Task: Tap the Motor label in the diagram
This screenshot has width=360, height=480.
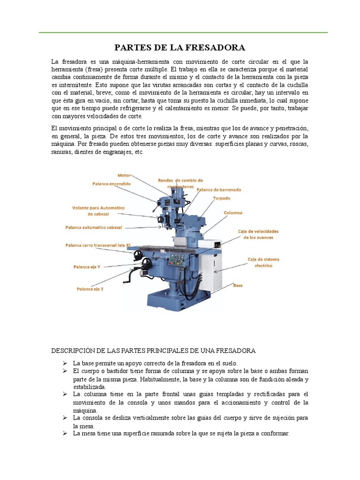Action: pos(124,175)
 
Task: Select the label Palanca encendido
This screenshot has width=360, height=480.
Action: pos(111,184)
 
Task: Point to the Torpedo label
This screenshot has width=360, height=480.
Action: pos(222,198)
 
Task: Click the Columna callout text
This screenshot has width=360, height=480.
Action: pos(233,213)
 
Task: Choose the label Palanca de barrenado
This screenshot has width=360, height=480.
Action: pos(219,190)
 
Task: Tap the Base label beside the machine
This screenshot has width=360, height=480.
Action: pos(238,285)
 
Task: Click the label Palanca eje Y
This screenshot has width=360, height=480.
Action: pos(87,267)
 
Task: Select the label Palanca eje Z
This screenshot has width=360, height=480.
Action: pos(90,289)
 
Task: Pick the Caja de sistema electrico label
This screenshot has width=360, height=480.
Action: pos(260,262)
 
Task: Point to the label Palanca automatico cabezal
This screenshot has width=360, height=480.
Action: pos(93,227)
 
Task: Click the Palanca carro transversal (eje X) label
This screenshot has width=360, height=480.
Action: pos(97,245)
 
